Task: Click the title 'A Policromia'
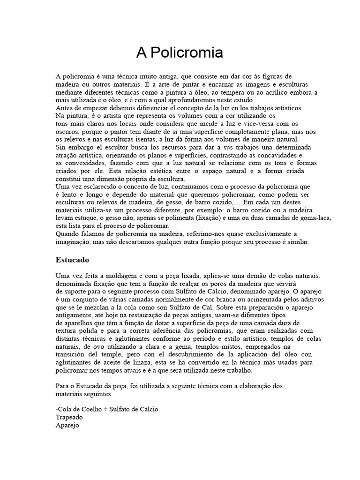pyautogui.click(x=180, y=53)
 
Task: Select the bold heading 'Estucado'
pyautogui.click(x=72, y=259)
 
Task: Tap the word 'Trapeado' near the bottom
pyautogui.click(x=69, y=417)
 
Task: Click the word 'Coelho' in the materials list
pyautogui.click(x=93, y=409)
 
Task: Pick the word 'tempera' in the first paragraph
pyautogui.click(x=239, y=92)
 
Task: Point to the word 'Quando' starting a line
pyautogui.click(x=67, y=234)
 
